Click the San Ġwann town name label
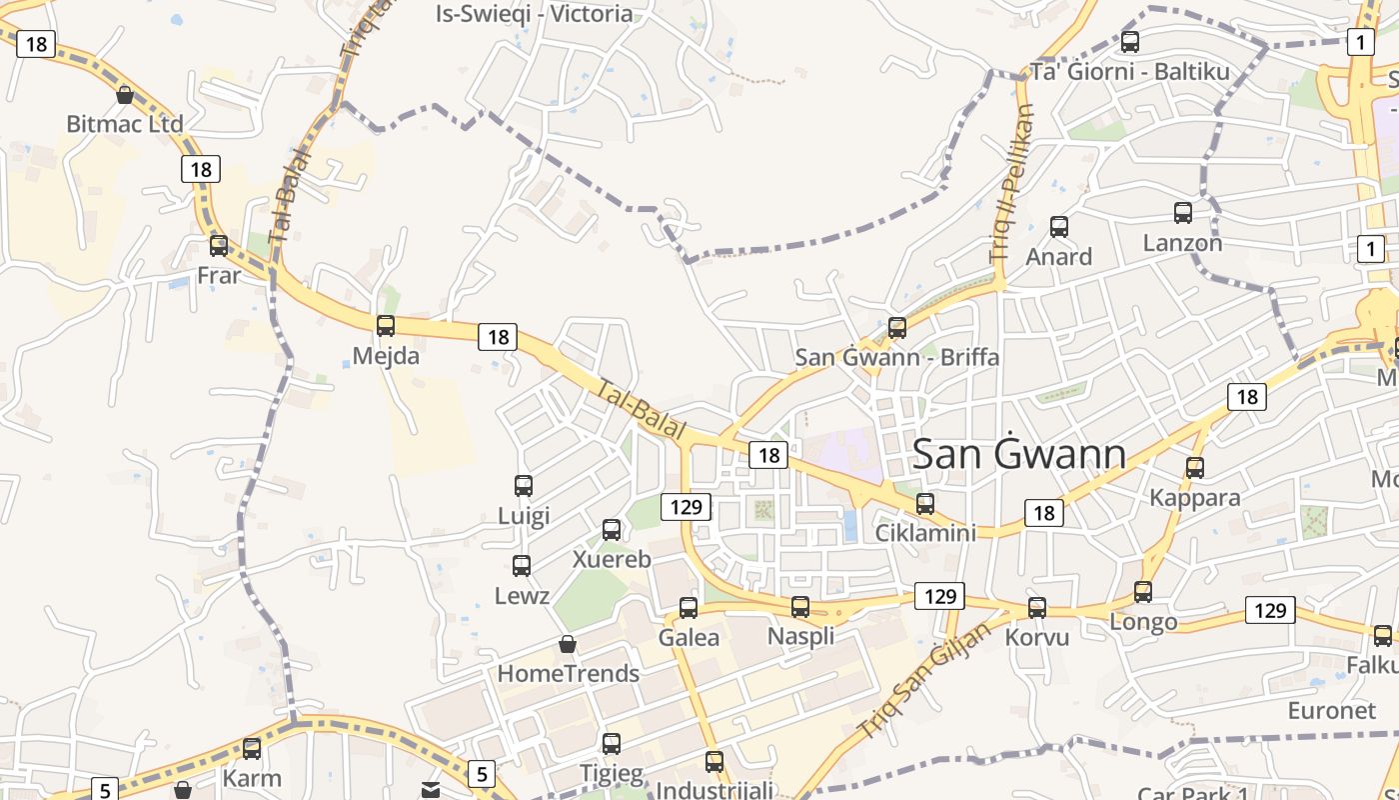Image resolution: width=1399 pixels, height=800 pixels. [1019, 455]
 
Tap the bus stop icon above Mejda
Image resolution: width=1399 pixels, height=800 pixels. [386, 325]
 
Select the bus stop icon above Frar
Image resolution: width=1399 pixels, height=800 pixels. [219, 245]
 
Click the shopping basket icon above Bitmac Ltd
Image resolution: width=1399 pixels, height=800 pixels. [125, 95]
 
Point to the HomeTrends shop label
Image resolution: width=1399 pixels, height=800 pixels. [568, 674]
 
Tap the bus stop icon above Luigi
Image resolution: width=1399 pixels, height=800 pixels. [524, 486]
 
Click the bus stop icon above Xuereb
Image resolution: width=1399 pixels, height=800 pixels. [612, 530]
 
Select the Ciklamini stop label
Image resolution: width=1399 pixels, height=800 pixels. [925, 533]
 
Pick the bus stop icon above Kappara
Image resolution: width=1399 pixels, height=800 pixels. [1195, 467]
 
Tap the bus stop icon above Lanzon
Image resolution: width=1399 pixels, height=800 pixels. [1183, 212]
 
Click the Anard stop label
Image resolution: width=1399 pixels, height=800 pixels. [1059, 257]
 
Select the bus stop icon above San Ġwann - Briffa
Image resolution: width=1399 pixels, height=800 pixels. [897, 327]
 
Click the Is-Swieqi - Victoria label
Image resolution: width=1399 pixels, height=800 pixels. [535, 14]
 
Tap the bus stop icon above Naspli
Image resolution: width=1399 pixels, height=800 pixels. [800, 606]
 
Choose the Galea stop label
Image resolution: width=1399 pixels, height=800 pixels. [689, 638]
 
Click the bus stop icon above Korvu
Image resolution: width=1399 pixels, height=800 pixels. [1037, 607]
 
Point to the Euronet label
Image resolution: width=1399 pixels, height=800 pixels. [1331, 711]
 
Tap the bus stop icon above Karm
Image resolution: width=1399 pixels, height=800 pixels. [252, 748]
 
